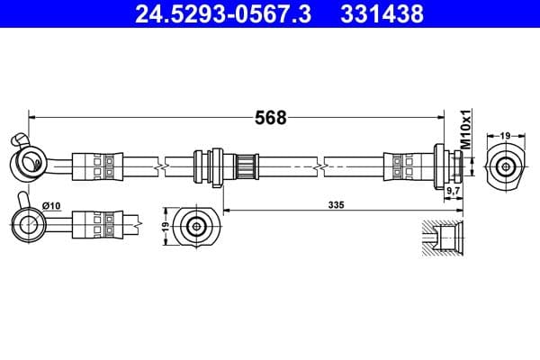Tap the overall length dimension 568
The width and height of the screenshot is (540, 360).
coord(271,118)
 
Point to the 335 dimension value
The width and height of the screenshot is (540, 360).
coord(337,206)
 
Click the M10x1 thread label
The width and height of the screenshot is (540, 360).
coord(465,130)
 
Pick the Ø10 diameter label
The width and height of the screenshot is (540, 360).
coord(51,206)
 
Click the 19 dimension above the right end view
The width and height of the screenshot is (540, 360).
coord(505,135)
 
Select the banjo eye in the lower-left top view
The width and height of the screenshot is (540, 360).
coord(28,220)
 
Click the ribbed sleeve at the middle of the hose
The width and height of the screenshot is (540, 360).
coord(246,166)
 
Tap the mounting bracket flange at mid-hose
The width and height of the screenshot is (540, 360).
coord(213,166)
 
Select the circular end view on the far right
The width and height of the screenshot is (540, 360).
coord(505,166)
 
